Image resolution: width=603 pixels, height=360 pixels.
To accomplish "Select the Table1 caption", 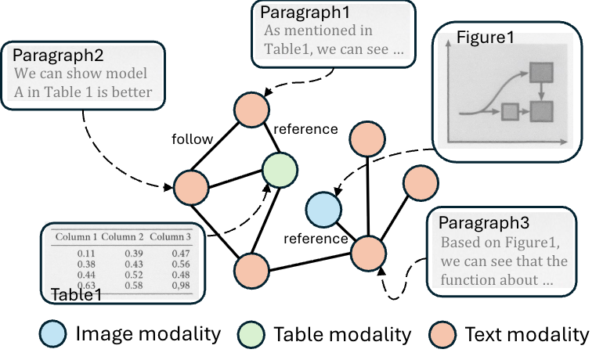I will coord(77,295).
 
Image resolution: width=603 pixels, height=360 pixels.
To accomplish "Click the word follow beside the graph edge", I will coord(192,139).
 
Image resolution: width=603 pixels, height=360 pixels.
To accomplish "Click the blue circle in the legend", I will coord(55,334).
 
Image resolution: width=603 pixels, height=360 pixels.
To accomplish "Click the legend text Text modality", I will coord(526,335).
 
